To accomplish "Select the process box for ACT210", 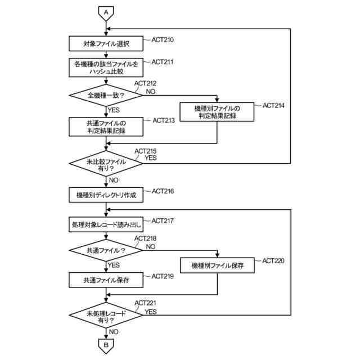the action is (x=106, y=44).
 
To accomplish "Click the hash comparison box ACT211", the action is (x=106, y=67).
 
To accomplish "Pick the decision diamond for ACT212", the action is (x=106, y=95).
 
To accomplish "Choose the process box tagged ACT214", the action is (x=217, y=112).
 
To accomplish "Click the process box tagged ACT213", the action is (x=106, y=127).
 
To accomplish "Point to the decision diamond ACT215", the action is (x=106, y=164).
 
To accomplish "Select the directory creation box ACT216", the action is (x=106, y=195).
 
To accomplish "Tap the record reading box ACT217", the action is (x=106, y=224).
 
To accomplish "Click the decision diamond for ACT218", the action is (x=106, y=250).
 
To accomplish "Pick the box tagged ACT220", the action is (x=217, y=265).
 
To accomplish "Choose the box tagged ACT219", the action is (x=106, y=280).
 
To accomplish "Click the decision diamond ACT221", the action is (x=106, y=315).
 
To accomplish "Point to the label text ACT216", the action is (x=163, y=191).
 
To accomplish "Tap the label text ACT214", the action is (x=273, y=105).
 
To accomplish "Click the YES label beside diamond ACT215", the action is (x=151, y=157).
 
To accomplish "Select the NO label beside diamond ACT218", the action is (x=151, y=246).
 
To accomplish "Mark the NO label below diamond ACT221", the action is (x=114, y=332).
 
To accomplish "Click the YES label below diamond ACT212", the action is (x=114, y=110).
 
